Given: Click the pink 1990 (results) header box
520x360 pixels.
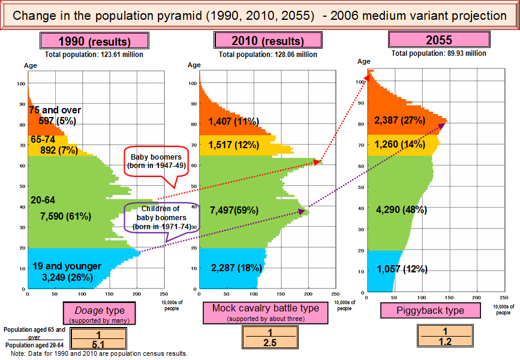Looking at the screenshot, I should click(94, 41).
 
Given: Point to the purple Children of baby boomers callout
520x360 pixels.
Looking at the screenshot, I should click(161, 217).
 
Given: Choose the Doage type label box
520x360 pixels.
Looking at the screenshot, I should click(104, 313).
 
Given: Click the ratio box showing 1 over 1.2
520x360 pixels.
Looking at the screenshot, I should click(445, 336).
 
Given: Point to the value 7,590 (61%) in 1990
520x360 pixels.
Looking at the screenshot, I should click(65, 216).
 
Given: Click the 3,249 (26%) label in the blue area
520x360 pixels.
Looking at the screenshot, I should click(67, 277).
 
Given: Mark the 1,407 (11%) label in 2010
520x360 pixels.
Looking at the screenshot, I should click(233, 122).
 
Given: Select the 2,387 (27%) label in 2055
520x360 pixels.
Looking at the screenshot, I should click(400, 120).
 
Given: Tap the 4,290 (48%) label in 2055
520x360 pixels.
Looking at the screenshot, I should click(401, 211).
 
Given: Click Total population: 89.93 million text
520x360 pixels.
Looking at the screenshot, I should click(438, 53).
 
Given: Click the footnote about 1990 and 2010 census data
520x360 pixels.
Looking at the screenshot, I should click(99, 354).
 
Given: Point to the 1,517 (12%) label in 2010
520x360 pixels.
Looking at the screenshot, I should click(233, 145).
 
